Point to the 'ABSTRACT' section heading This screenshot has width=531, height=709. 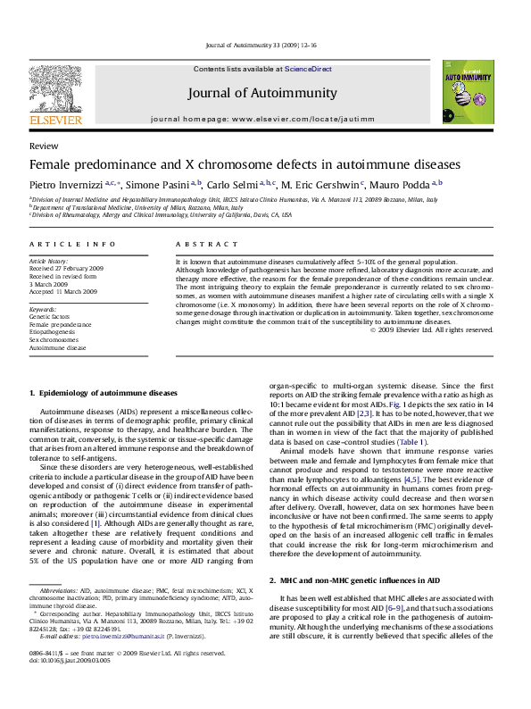click(198, 244)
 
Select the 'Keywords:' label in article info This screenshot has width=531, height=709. click(44, 308)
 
